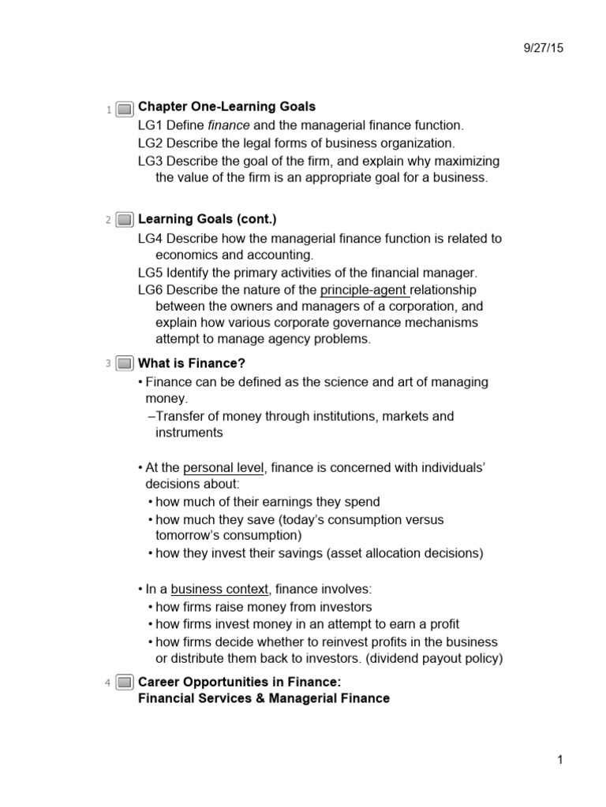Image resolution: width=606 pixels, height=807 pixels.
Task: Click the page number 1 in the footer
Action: tap(559, 760)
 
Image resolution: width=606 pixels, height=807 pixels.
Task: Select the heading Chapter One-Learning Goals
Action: tap(226, 106)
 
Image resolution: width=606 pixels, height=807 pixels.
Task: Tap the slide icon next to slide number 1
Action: tap(124, 110)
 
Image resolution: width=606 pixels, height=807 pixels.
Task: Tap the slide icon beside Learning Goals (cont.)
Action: tap(124, 220)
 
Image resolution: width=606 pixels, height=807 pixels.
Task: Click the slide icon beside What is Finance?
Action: tap(124, 363)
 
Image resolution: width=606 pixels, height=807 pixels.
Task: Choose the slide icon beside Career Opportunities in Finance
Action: tap(124, 682)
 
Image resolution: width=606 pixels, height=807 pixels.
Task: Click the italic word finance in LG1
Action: tap(227, 125)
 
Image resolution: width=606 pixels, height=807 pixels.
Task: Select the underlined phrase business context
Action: tap(219, 589)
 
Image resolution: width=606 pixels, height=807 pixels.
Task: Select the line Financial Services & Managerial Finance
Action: tap(264, 698)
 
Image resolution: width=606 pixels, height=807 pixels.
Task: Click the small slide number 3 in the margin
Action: tap(107, 363)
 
